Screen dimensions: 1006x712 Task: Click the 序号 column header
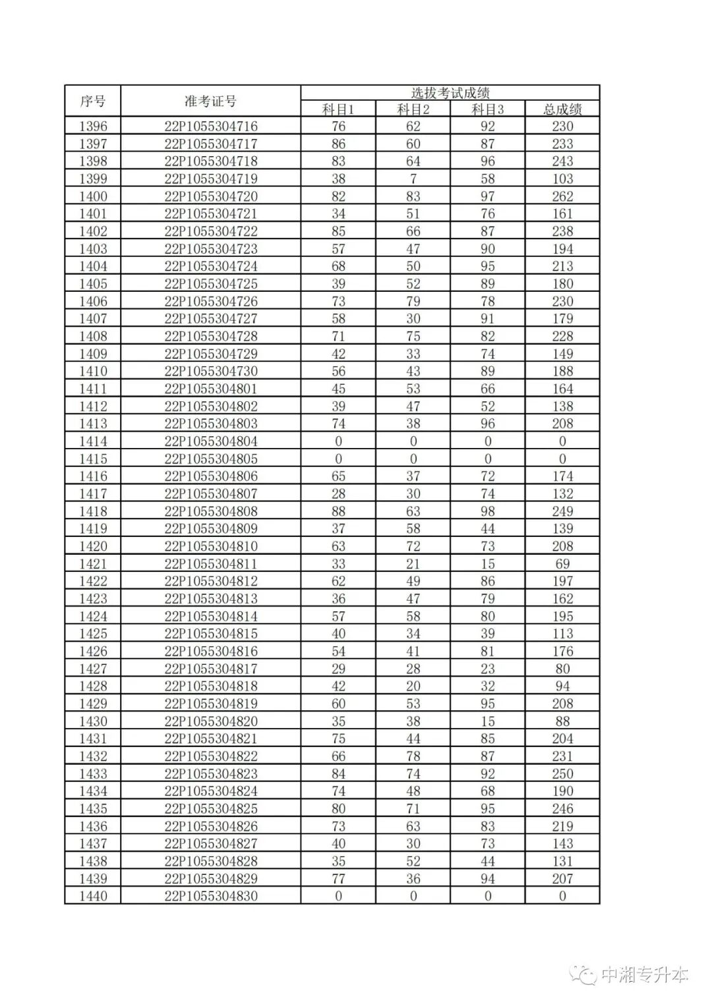click(x=93, y=101)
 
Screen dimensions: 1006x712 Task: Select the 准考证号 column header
click(x=210, y=101)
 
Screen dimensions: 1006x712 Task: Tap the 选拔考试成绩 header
click(x=450, y=93)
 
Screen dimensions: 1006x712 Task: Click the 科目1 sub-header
click(x=338, y=109)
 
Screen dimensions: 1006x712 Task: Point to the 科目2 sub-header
click(x=413, y=109)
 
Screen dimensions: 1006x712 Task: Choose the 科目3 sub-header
click(x=488, y=109)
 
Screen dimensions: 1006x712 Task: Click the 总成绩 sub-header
click(x=562, y=109)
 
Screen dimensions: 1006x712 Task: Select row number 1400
click(x=93, y=196)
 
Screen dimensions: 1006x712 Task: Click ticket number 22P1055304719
click(x=211, y=179)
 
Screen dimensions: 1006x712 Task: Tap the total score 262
click(x=562, y=196)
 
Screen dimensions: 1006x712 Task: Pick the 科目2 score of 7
click(x=413, y=179)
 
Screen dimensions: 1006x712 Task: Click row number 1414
click(x=93, y=441)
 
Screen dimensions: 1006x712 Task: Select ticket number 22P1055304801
click(x=211, y=389)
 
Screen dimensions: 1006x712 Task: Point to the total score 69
click(x=562, y=564)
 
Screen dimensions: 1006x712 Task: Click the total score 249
click(x=562, y=511)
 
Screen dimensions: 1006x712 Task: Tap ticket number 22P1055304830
click(x=211, y=896)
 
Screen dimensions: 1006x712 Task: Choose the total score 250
click(x=562, y=773)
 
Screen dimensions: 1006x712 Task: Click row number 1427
click(x=93, y=669)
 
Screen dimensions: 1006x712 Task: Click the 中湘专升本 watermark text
click(x=644, y=975)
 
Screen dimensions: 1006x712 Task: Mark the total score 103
click(x=562, y=179)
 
